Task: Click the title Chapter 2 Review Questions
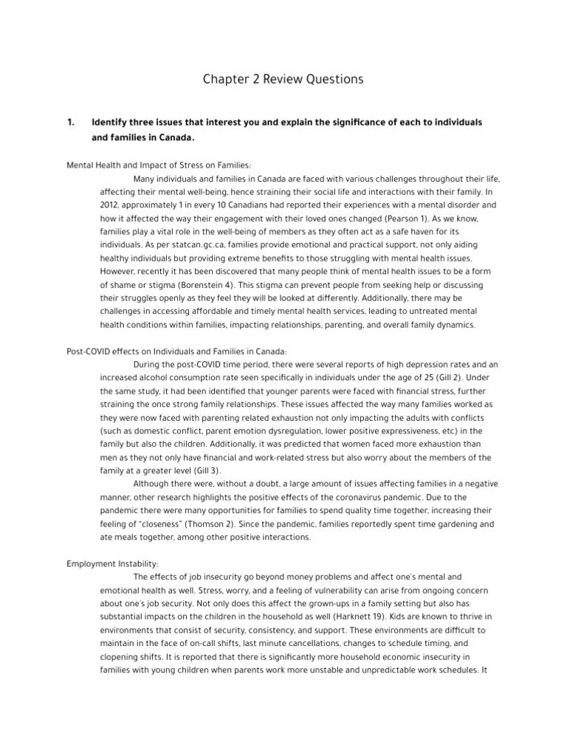click(283, 79)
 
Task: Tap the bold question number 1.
click(71, 122)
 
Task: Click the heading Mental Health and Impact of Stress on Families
click(159, 165)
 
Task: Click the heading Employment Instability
click(112, 563)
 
